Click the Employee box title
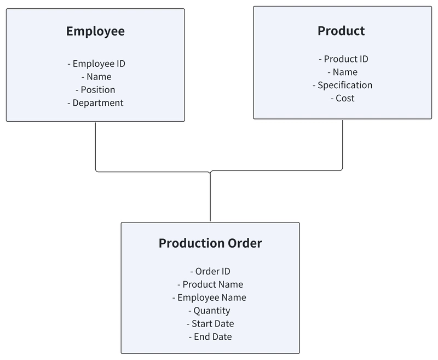95,31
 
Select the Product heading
341,31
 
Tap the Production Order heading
210,243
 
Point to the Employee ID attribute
96,64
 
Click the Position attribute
95,90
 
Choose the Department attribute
95,103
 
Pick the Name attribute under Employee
96,77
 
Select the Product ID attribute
343,59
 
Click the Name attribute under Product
343,72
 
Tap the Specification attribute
343,85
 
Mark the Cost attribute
343,99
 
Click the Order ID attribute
210,271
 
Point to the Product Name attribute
210,284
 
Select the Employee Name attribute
209,298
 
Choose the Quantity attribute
209,311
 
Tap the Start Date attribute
210,324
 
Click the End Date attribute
210,337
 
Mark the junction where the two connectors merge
210,172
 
